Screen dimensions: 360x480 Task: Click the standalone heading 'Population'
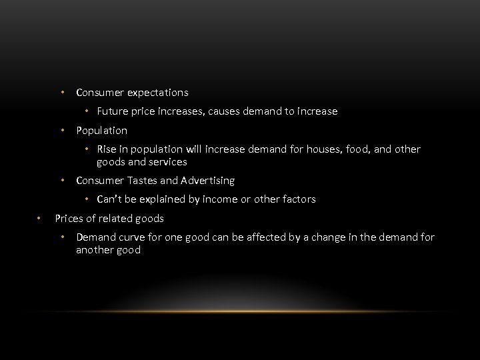[x=101, y=130]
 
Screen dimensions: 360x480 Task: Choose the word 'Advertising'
[x=207, y=181]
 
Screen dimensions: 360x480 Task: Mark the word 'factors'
[x=297, y=199]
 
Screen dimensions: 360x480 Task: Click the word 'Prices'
[x=69, y=218]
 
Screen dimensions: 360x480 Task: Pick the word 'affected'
[x=273, y=237]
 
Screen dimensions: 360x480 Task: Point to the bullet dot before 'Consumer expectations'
[x=61, y=92]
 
